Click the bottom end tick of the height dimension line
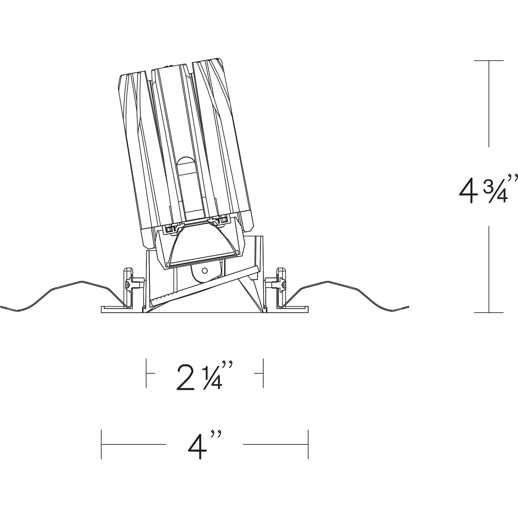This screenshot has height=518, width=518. point(489,312)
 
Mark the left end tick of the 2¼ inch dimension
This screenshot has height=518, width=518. point(146,373)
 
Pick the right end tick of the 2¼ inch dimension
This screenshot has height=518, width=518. point(263,373)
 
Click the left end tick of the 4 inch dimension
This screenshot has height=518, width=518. point(102,444)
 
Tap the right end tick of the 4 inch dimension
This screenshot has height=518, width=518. point(308,444)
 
